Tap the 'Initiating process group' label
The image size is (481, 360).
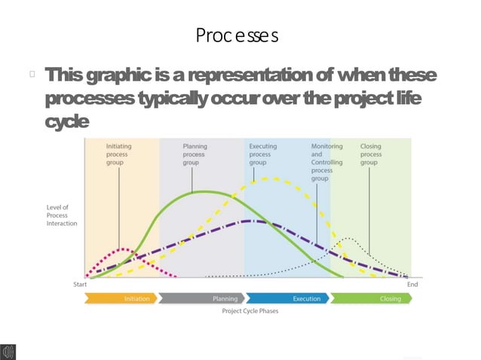tap(118, 154)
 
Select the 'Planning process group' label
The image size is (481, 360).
tap(194, 154)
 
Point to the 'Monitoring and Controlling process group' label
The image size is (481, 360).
tap(326, 162)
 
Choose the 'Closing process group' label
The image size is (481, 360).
tap(370, 154)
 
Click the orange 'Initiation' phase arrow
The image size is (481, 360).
tap(121, 298)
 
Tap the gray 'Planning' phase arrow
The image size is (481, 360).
tap(201, 298)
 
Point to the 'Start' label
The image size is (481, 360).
tap(78, 285)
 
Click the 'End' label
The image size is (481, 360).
tap(412, 285)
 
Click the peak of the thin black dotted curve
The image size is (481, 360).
tap(348, 238)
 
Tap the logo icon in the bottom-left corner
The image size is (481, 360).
tap(10, 352)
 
